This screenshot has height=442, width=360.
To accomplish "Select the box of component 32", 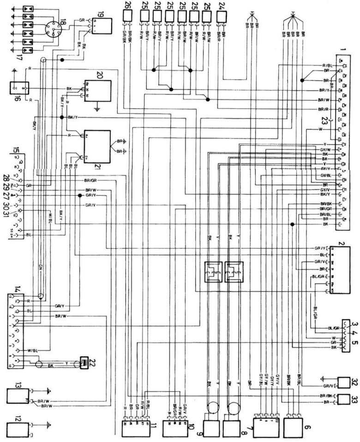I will (x=343, y=382).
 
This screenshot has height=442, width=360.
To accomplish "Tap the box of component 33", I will (x=343, y=399).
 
